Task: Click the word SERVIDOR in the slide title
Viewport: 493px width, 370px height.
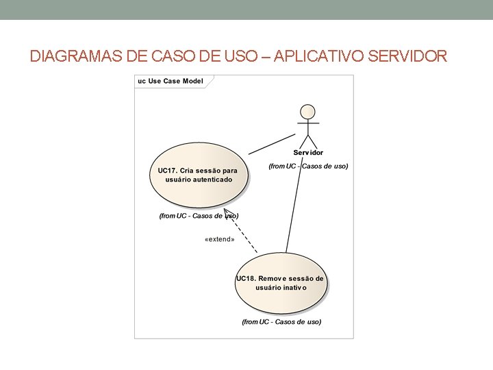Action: [407, 56]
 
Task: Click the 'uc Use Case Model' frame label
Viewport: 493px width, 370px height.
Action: [171, 82]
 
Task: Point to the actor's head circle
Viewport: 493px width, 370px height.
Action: [308, 112]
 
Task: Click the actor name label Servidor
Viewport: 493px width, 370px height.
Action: [308, 152]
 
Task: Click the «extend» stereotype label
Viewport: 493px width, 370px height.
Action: [220, 240]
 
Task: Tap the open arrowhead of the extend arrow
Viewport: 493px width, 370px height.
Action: [229, 214]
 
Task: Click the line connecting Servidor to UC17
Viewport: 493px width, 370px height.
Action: [271, 143]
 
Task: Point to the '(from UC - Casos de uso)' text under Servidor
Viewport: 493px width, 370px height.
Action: [308, 166]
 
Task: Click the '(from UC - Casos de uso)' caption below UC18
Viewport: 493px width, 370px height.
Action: [281, 321]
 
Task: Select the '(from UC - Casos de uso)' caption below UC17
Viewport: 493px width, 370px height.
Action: [199, 216]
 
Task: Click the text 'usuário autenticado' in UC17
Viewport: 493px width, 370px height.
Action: [199, 180]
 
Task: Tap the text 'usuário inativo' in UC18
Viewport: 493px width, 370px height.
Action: [281, 288]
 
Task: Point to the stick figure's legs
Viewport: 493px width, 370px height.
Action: [308, 139]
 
